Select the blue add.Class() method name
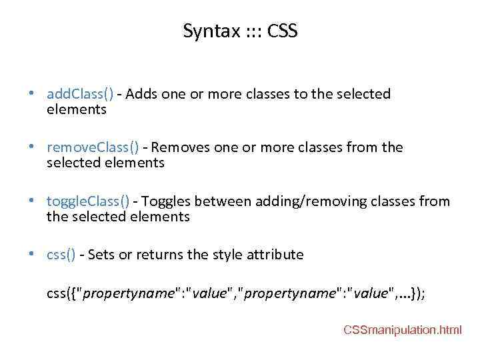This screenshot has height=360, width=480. coord(80,94)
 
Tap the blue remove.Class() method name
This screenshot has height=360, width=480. coord(93,147)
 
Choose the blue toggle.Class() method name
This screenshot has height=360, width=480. coord(88,201)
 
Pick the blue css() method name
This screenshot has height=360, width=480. coord(61,255)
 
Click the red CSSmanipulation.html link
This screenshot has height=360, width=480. coord(402,330)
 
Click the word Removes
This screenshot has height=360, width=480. coord(181,147)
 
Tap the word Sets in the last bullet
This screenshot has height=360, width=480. coord(100,255)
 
